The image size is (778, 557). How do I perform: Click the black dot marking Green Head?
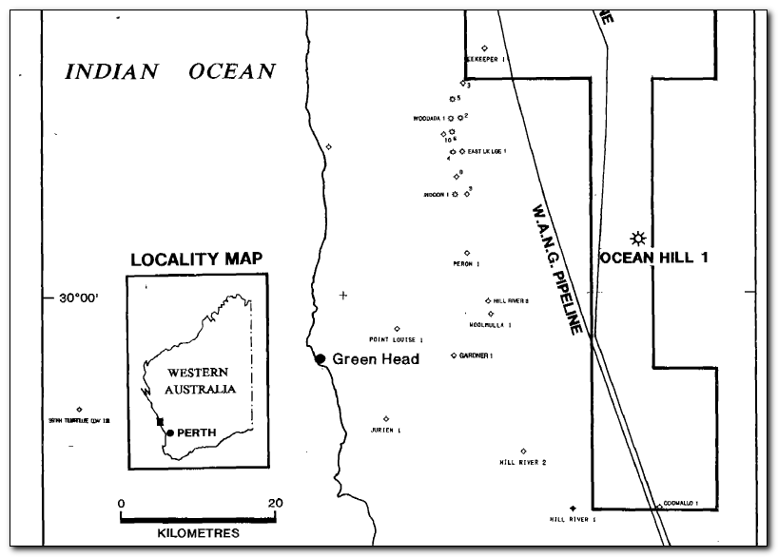coord(321,358)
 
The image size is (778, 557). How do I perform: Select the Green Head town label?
coord(376,359)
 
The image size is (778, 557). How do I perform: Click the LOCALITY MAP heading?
coord(196,259)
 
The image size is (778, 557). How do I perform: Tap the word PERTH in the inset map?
coord(197,433)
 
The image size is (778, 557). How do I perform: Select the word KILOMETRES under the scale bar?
coord(198,533)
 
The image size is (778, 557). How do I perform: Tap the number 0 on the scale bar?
coord(121,503)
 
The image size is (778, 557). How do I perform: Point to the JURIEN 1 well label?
coord(385,430)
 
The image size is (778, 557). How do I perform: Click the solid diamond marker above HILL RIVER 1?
coord(573,509)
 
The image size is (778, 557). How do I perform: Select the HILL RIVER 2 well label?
coord(522,463)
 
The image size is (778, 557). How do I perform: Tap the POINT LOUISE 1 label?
coord(396,339)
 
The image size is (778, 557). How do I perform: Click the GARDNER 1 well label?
coord(475,355)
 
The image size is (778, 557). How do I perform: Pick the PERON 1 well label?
coord(466,263)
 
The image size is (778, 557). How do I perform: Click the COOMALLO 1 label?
coord(682,503)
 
